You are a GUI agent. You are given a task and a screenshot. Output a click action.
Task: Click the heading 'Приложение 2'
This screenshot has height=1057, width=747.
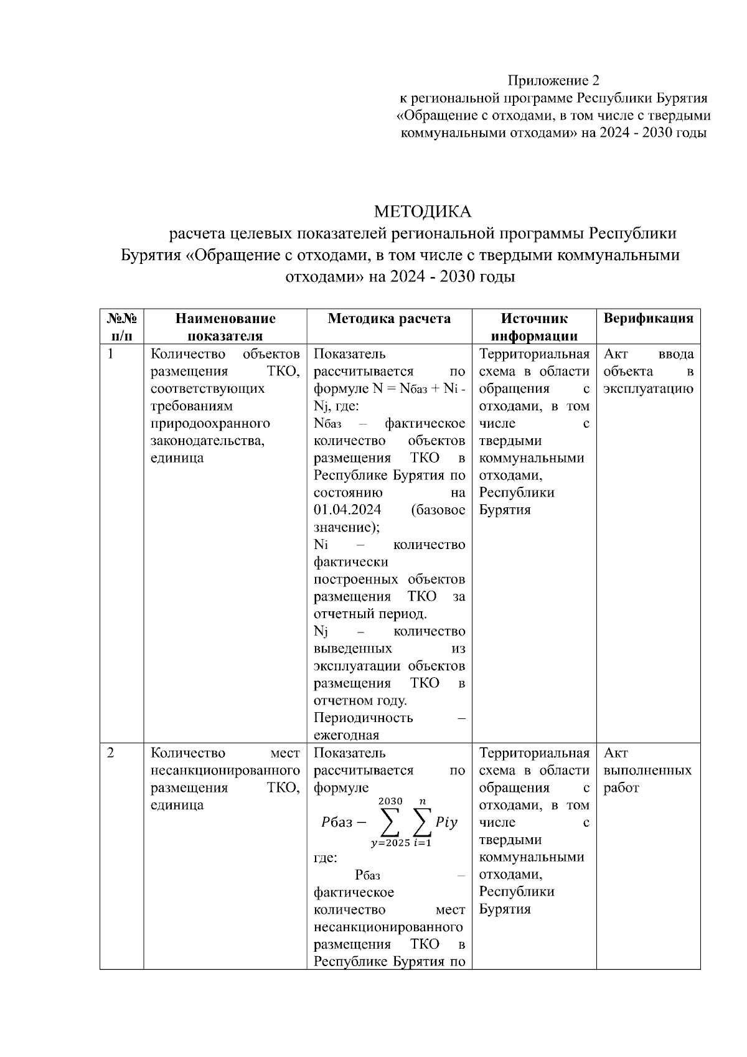(x=553, y=80)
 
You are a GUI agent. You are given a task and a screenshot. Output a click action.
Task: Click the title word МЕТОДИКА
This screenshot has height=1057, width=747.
(x=423, y=212)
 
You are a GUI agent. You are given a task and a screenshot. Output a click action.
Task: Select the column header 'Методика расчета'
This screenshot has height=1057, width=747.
(x=389, y=319)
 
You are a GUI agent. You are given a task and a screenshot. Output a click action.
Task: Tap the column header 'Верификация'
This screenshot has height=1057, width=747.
(x=648, y=319)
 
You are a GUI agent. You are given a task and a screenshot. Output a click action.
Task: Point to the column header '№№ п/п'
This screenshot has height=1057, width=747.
(x=121, y=327)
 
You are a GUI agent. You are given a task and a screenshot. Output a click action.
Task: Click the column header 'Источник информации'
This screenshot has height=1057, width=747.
(x=534, y=327)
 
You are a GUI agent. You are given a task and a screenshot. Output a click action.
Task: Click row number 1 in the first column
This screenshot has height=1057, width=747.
(x=111, y=354)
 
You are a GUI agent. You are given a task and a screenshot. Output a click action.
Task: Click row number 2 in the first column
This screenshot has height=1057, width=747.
(x=111, y=753)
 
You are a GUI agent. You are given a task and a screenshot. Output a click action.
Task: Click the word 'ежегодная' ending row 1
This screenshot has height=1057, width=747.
(x=346, y=735)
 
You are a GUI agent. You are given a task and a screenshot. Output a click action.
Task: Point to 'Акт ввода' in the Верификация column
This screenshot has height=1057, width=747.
(x=648, y=354)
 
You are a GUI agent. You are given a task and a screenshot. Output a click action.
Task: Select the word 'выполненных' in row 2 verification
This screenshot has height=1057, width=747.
(x=647, y=771)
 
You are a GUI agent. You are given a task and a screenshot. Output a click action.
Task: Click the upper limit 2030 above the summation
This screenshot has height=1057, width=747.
(x=390, y=801)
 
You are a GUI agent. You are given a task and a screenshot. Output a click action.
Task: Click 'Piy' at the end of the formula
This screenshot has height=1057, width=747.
(x=446, y=822)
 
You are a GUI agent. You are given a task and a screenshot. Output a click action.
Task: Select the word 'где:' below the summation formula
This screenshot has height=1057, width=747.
(x=325, y=858)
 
